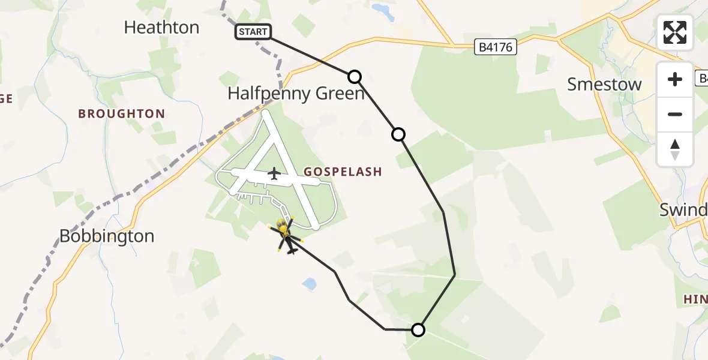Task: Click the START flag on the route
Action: pyautogui.click(x=253, y=32)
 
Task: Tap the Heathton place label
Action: pyautogui.click(x=161, y=28)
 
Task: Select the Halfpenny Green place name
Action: pyautogui.click(x=296, y=94)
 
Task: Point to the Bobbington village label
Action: pyautogui.click(x=107, y=236)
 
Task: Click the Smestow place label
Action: pyautogui.click(x=604, y=85)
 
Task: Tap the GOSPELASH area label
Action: pyautogui.click(x=343, y=172)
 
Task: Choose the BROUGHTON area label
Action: pyautogui.click(x=121, y=114)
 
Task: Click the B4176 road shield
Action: pyautogui.click(x=496, y=47)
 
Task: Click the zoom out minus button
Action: pyautogui.click(x=675, y=114)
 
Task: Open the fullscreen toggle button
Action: pyautogui.click(x=675, y=32)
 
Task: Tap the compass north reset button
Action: pyautogui.click(x=675, y=149)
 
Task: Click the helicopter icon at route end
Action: pyautogui.click(x=287, y=236)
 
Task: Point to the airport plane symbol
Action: pyautogui.click(x=274, y=174)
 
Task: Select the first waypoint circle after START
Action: pyautogui.click(x=355, y=77)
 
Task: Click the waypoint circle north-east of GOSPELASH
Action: pyautogui.click(x=398, y=134)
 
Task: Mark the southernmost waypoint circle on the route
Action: pyautogui.click(x=418, y=329)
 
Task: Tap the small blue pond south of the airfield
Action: pyautogui.click(x=310, y=284)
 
